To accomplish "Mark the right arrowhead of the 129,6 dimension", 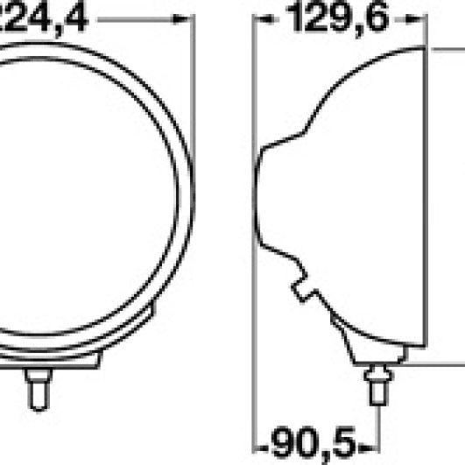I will [x=419, y=18].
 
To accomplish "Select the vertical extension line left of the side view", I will [x=253, y=263].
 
